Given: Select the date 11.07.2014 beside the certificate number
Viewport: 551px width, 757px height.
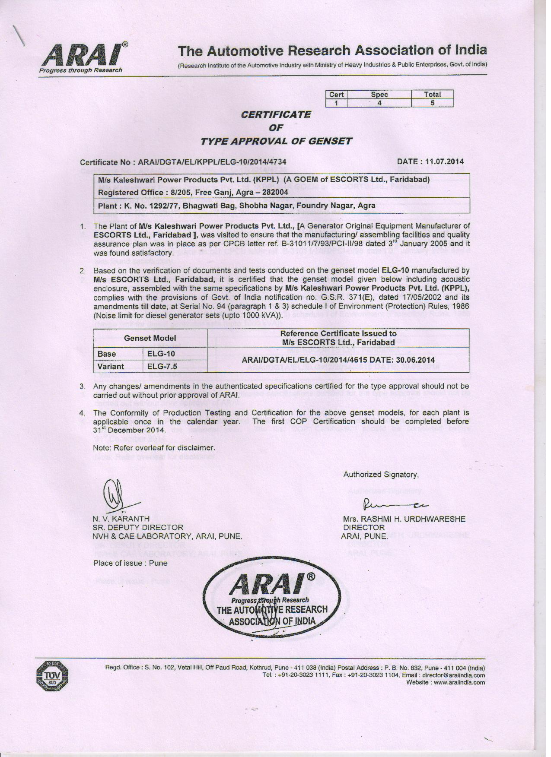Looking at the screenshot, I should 444,162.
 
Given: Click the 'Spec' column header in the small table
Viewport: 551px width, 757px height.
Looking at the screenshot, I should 379,95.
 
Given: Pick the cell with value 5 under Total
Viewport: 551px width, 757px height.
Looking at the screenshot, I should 432,103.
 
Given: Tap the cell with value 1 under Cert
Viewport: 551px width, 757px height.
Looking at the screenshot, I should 336,103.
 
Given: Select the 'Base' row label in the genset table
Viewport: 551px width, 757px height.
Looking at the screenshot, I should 107,354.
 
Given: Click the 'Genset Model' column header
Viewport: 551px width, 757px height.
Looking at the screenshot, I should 150,338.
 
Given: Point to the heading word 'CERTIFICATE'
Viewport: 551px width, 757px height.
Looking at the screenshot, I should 276,114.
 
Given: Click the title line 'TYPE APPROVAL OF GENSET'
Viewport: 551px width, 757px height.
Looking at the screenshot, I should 277,141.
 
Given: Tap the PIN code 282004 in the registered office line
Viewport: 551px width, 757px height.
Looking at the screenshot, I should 275,192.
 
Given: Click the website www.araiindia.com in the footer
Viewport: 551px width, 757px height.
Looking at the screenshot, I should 459,683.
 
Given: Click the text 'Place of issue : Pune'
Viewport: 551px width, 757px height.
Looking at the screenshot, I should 130,563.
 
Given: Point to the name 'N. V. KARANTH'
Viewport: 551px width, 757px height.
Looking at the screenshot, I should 121,519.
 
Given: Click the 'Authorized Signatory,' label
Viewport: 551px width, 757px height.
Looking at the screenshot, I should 381,475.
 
